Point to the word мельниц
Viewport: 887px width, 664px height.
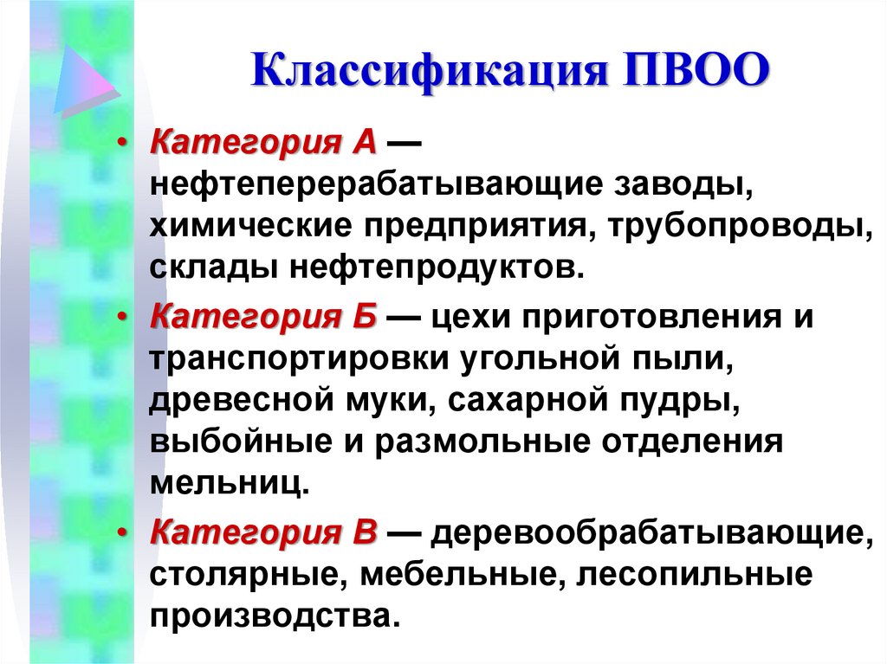(229, 482)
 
